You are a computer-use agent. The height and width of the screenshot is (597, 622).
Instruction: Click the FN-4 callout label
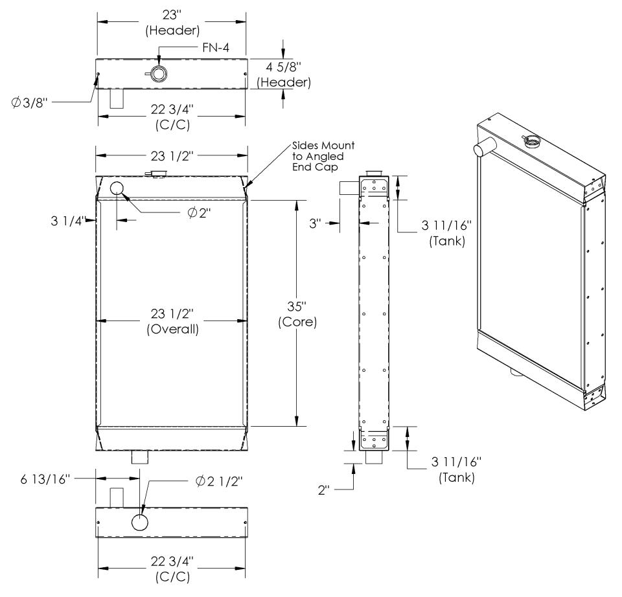pos(216,47)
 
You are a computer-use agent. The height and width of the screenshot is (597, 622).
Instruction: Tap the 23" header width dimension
pos(172,23)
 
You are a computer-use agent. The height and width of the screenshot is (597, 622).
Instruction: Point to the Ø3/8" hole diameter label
pos(29,103)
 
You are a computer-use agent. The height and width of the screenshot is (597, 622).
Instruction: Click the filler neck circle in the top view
pos(159,74)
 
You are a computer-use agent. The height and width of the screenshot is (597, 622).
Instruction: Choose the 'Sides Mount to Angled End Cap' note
pos(323,157)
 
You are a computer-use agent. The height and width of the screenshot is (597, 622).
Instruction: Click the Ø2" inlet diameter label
pos(199,213)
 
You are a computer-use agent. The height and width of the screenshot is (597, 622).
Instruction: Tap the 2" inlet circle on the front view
pos(117,188)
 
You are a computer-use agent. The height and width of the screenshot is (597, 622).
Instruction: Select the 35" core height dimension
pos(297,314)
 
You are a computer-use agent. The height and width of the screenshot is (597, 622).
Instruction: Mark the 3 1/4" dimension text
pos(67,221)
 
